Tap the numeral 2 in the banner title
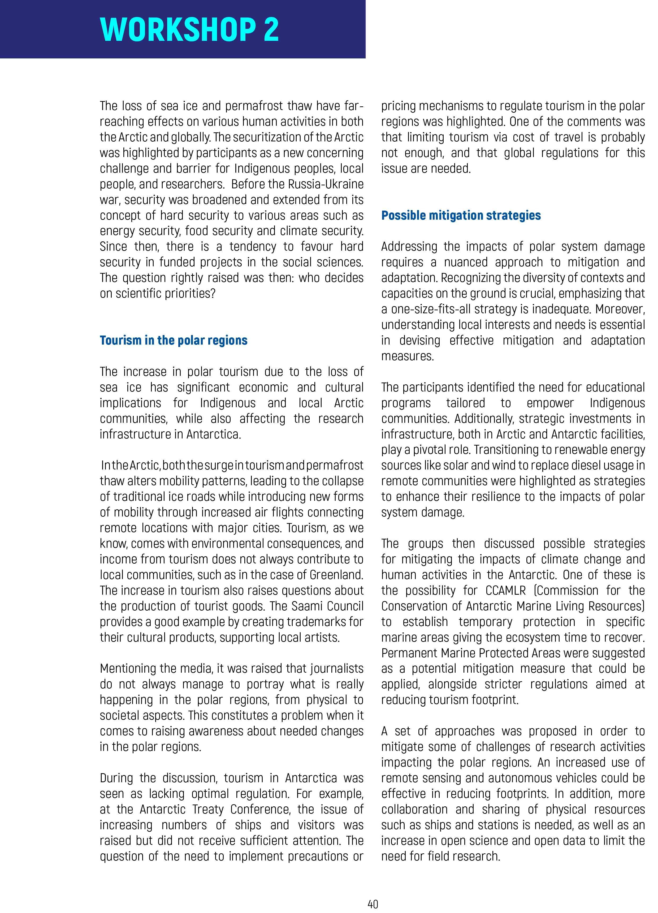[271, 29]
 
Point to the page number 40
[373, 904]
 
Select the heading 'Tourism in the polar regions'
[174, 340]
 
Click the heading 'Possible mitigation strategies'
[461, 215]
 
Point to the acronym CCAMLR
[505, 590]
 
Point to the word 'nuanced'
[465, 262]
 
